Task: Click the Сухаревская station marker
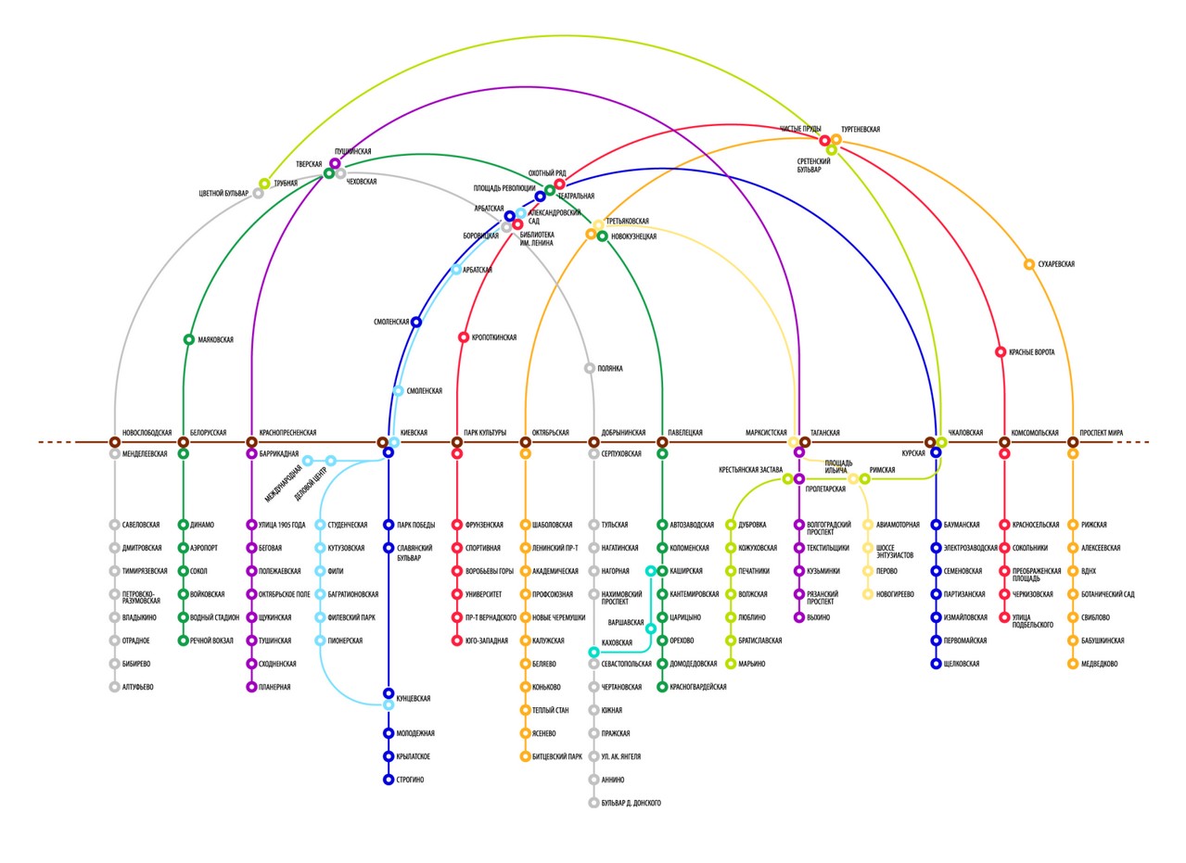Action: click(1028, 264)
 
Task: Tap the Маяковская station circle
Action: click(189, 339)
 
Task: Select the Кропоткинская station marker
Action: click(464, 337)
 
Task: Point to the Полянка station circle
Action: click(590, 368)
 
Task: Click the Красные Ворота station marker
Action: click(1001, 352)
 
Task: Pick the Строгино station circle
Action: click(389, 780)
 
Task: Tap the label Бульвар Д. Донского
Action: click(631, 803)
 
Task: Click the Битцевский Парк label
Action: click(557, 756)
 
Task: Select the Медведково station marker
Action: click(1073, 664)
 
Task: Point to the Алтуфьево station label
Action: click(137, 687)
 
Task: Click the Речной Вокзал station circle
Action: click(184, 641)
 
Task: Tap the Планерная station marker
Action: click(251, 687)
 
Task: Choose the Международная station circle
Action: click(307, 461)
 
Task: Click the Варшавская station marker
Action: click(651, 628)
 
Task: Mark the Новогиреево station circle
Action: click(868, 594)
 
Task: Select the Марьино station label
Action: click(751, 664)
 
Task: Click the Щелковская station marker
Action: click(936, 664)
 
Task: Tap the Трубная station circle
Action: click(264, 184)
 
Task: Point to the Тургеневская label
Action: click(861, 130)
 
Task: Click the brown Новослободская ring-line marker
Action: click(115, 442)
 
